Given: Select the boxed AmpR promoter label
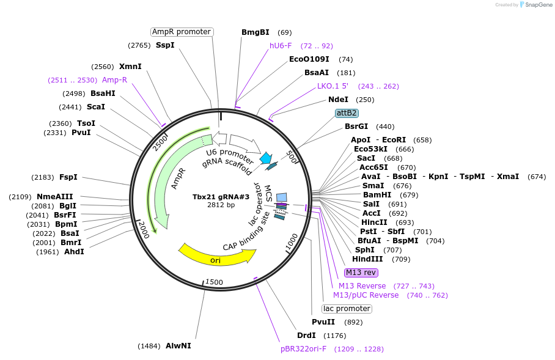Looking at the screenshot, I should click(182, 32).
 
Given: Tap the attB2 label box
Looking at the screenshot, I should click(347, 113).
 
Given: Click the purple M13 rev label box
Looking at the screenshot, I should click(362, 273).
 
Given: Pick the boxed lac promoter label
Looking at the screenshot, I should click(347, 309).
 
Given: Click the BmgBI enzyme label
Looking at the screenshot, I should click(255, 32).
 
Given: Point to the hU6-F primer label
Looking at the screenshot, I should click(281, 45).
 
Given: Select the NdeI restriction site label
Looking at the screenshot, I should click(338, 100).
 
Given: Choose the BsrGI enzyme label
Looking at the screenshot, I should click(356, 127).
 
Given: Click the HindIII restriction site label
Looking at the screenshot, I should click(368, 259).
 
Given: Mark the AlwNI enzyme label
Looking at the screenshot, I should click(178, 346).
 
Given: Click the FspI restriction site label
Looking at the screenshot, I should click(68, 177).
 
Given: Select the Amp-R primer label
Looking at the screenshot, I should click(115, 79).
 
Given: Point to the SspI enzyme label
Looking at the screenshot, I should click(165, 45).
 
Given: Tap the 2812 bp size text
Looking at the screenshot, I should click(221, 205).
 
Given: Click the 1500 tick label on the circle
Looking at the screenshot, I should click(214, 282).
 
